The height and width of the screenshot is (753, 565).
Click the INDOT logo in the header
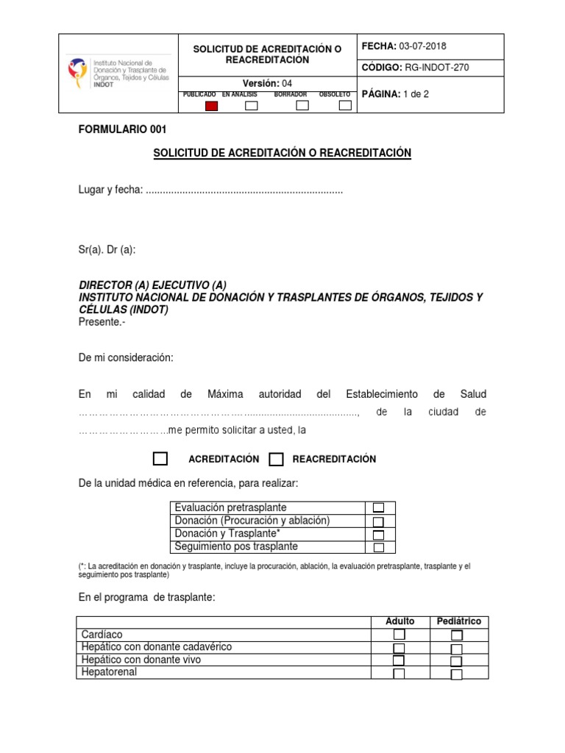tap(117, 73)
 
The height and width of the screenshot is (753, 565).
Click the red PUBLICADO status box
tap(212, 105)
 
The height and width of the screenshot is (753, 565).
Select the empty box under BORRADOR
tap(302, 105)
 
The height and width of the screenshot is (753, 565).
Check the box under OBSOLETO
tap(345, 105)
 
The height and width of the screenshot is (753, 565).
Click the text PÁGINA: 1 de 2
tap(400, 95)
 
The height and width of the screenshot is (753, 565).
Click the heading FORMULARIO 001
tap(123, 130)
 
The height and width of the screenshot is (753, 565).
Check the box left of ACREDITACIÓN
tap(160, 459)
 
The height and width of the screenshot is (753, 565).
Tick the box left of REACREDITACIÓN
tap(277, 460)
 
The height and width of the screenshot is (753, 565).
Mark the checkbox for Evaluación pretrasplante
tap(378, 508)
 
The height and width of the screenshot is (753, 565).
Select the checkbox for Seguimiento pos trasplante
tap(378, 548)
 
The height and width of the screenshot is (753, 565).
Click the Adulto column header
tap(400, 621)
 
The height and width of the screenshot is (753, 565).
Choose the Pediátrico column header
tap(459, 621)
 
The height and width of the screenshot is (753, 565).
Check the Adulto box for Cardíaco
tap(399, 635)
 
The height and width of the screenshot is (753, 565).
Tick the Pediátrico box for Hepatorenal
tap(457, 674)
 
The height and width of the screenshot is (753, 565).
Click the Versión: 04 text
tap(268, 83)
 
